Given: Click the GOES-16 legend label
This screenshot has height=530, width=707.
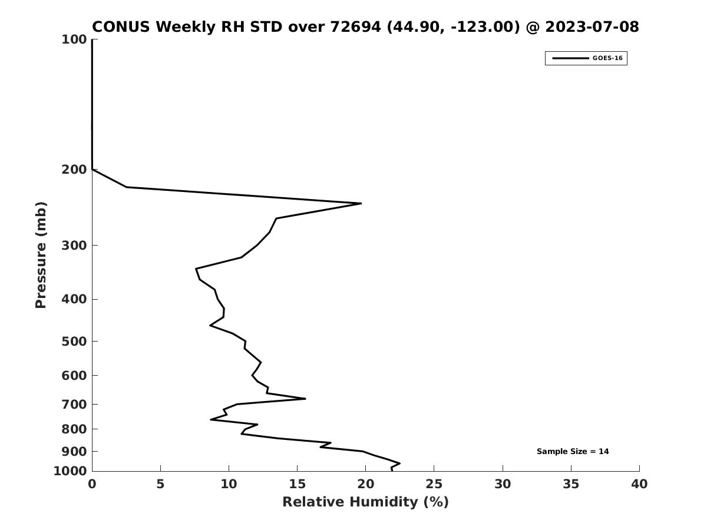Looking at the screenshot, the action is [x=607, y=58].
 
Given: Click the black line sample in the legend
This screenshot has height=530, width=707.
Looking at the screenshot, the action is [x=570, y=58].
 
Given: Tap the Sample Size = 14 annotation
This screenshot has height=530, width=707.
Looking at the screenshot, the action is [x=573, y=452].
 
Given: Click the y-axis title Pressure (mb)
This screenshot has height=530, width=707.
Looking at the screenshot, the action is [x=41, y=255].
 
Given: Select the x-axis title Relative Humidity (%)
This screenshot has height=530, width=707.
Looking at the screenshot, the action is [x=365, y=502].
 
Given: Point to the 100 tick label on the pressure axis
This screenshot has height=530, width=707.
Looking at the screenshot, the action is [x=74, y=39].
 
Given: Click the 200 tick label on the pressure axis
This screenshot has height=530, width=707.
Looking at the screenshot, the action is [x=74, y=169].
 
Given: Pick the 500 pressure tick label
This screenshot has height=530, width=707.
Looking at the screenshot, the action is [x=74, y=341].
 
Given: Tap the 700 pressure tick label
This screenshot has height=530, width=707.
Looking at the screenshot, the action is [x=74, y=404].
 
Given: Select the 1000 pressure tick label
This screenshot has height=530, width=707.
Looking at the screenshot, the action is [x=70, y=471].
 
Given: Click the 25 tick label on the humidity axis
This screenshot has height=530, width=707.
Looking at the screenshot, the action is [x=434, y=484].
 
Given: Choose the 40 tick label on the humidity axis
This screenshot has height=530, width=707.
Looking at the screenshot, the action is [x=639, y=484].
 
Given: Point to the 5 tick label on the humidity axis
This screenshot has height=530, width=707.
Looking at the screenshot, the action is [x=160, y=484].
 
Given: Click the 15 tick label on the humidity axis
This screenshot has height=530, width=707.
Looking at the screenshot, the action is [x=297, y=484].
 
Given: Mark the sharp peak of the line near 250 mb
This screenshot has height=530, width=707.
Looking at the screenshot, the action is [x=361, y=203].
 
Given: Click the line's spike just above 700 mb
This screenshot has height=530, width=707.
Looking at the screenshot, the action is [x=305, y=399].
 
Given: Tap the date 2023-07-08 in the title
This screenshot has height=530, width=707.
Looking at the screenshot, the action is [x=592, y=26].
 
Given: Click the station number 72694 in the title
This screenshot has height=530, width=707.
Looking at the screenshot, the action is [x=356, y=26].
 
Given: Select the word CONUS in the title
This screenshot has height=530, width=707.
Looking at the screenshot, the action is [x=121, y=26].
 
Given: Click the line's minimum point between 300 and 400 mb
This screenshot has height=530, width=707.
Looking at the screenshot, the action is [x=196, y=269].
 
